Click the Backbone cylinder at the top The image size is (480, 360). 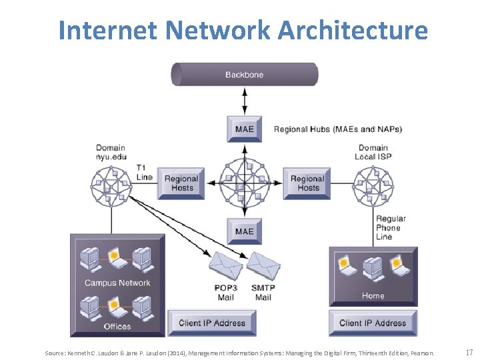(244, 75)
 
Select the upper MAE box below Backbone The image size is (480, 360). (245, 129)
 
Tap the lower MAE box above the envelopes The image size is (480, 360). (245, 231)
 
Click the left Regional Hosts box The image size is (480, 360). (181, 183)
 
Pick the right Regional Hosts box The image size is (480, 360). (307, 183)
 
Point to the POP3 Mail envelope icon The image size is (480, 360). (226, 268)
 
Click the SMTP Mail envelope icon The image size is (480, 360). (263, 268)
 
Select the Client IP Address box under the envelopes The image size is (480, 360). (212, 323)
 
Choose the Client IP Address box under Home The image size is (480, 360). (373, 323)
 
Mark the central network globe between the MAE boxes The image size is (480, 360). (245, 181)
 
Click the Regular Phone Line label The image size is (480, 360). (390, 227)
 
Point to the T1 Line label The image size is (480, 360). (145, 172)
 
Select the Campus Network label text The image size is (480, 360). (117, 283)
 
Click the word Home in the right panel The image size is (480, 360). (373, 295)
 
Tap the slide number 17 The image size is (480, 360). (469, 352)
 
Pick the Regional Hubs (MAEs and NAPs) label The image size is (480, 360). (338, 129)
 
